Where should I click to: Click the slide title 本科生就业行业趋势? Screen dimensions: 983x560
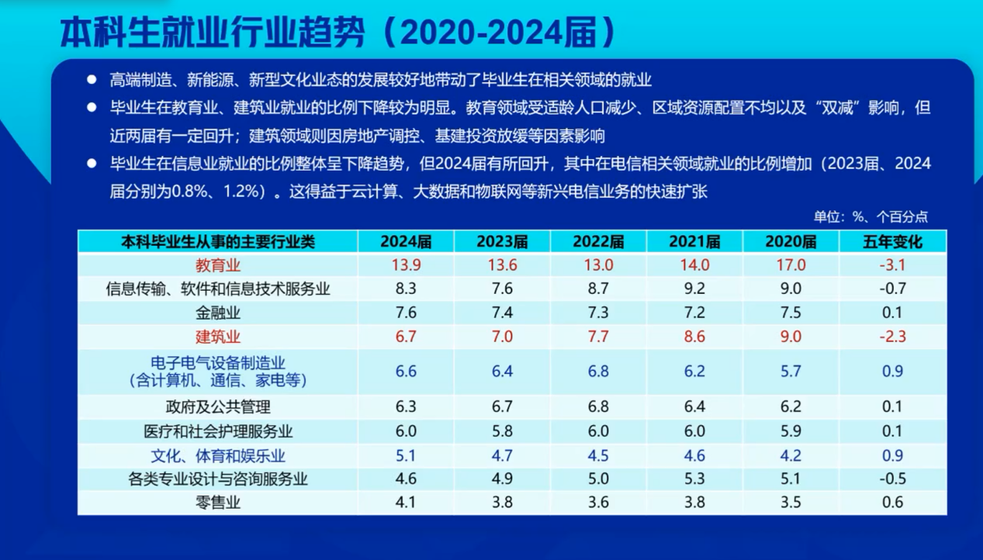coord(213,33)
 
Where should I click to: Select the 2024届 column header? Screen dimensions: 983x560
coord(406,242)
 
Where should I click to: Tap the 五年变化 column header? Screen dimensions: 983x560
coord(892,242)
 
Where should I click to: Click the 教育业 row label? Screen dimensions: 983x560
coord(218,265)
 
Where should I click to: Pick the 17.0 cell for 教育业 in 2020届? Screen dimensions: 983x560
coord(791,265)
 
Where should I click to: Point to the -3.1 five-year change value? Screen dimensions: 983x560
coord(892,265)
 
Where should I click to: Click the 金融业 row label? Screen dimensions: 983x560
coord(218,313)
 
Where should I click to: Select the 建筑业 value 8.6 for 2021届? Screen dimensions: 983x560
coord(694,337)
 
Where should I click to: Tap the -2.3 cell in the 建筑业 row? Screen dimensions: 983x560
coord(892,337)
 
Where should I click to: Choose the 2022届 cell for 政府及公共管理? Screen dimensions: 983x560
coord(599,406)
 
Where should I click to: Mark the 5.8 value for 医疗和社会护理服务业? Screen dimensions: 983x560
coord(502,431)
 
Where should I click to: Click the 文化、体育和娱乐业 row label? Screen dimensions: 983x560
coord(218,456)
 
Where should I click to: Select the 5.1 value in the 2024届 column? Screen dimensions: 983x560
coord(406,455)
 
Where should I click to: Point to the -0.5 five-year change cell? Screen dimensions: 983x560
coord(892,479)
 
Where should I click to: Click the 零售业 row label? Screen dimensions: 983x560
coord(218,503)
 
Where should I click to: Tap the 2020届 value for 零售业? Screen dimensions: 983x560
coord(791,502)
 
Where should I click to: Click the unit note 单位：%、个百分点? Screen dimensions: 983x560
coord(871,216)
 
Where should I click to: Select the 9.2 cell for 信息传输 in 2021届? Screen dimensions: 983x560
coord(694,289)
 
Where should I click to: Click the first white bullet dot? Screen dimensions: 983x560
coord(92,79)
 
